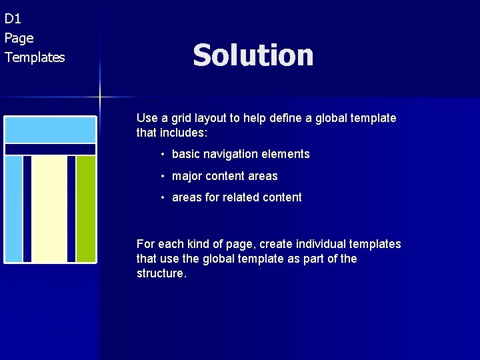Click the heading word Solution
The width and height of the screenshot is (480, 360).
tap(253, 55)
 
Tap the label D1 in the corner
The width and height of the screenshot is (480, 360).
tap(13, 19)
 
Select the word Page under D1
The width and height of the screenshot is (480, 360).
tap(19, 38)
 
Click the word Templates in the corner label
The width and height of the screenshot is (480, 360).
tap(35, 57)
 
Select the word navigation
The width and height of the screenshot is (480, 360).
tap(230, 154)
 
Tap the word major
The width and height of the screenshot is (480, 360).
tap(187, 176)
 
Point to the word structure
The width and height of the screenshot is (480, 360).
tap(161, 273)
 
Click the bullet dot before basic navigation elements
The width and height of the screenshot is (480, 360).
tap(162, 155)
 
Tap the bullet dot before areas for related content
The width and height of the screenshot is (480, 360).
tap(162, 198)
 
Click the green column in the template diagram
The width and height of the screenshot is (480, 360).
tap(85, 208)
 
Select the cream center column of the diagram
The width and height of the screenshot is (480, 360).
tap(49, 208)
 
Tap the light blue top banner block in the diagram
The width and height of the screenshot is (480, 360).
tap(50, 129)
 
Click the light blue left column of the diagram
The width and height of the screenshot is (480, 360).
tap(13, 208)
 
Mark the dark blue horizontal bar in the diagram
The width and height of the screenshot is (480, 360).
tap(50, 149)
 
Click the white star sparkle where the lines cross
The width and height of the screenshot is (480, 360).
tap(100, 97)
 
